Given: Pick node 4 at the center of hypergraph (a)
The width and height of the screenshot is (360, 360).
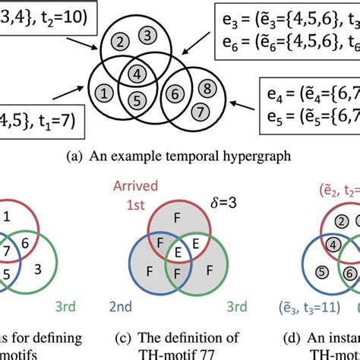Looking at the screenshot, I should click(134, 74).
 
